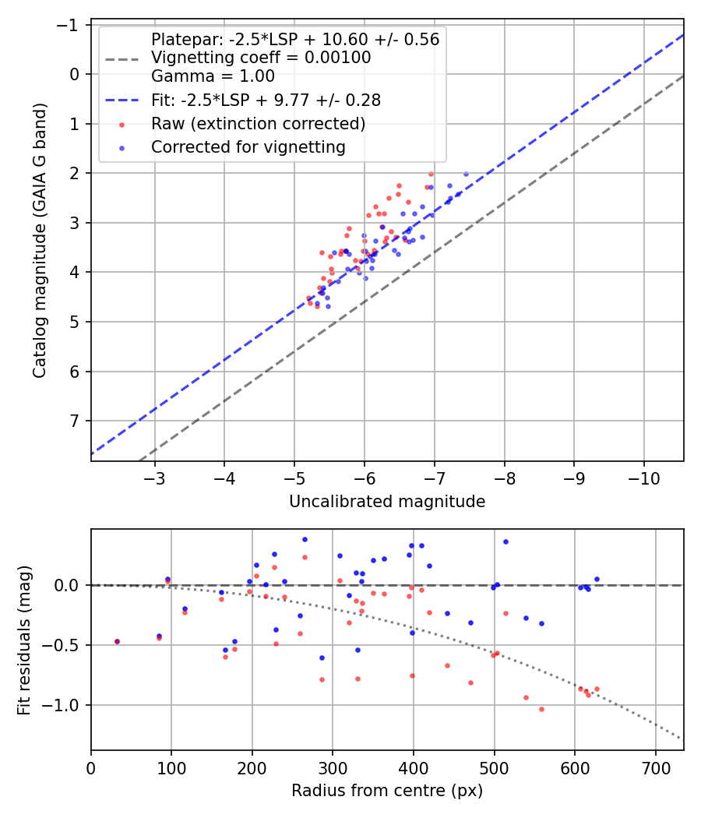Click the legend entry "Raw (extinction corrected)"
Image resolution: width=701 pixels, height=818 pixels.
pyautogui.click(x=258, y=124)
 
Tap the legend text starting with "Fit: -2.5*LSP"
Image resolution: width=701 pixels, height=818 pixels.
pyautogui.click(x=265, y=100)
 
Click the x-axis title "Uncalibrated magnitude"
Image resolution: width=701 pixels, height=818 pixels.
pyautogui.click(x=387, y=502)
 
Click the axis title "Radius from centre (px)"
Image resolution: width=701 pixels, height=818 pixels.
pyautogui.click(x=387, y=791)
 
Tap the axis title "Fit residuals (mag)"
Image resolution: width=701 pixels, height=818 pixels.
pyautogui.click(x=24, y=640)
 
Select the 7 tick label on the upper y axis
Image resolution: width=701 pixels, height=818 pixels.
pyautogui.click(x=76, y=421)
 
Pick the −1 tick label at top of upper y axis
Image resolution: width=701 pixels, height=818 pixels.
pyautogui.click(x=71, y=24)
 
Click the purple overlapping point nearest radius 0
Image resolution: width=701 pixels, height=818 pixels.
pyautogui.click(x=117, y=642)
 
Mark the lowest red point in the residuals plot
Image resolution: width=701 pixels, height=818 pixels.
pyautogui.click(x=541, y=709)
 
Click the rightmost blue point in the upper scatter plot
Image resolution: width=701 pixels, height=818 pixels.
pyautogui.click(x=466, y=174)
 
